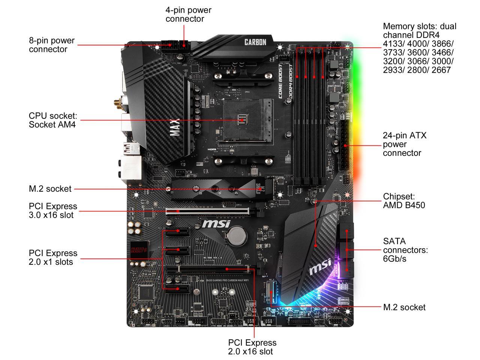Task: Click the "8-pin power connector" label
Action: (x=52, y=45)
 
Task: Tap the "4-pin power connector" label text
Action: (x=188, y=15)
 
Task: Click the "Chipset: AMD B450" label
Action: (x=404, y=201)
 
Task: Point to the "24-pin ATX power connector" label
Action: (x=405, y=144)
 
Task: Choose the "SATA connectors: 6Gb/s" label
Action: (x=405, y=250)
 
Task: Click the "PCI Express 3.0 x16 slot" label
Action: (x=53, y=210)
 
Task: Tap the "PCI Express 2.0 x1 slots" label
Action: (x=53, y=257)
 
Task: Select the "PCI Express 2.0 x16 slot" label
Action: (x=252, y=347)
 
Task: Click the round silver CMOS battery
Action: (x=237, y=235)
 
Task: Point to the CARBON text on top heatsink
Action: (x=255, y=42)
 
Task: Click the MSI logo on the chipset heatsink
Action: (x=319, y=266)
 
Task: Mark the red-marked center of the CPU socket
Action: (x=241, y=120)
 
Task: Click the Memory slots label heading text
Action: (x=419, y=27)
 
